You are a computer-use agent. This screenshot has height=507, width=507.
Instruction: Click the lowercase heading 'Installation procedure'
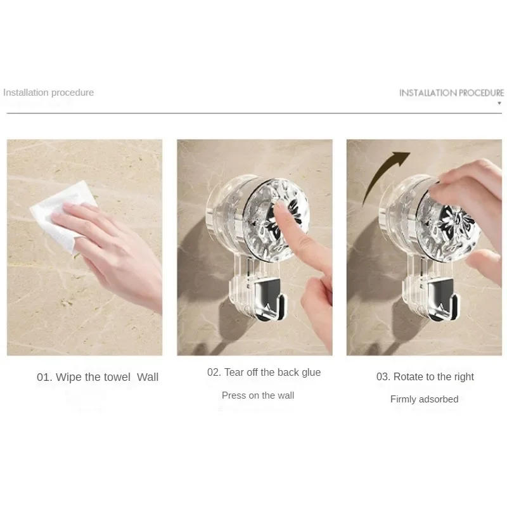(x=48, y=93)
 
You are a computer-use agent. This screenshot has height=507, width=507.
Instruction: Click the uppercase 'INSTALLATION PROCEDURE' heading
(x=451, y=93)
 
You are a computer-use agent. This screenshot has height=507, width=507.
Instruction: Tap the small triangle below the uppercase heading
(x=499, y=103)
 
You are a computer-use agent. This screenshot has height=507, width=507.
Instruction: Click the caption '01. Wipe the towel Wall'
(x=98, y=377)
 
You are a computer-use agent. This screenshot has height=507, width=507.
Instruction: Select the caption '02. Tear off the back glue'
(x=264, y=373)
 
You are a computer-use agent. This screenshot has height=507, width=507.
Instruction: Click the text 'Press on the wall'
(x=258, y=395)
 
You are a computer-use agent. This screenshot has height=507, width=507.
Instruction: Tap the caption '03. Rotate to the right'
(x=425, y=377)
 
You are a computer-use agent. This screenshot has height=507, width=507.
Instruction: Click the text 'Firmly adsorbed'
(x=424, y=399)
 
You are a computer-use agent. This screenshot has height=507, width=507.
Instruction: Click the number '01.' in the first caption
(x=44, y=377)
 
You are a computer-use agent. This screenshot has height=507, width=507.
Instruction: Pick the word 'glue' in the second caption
(x=311, y=373)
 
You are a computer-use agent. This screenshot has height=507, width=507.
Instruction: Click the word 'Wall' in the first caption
(x=148, y=377)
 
